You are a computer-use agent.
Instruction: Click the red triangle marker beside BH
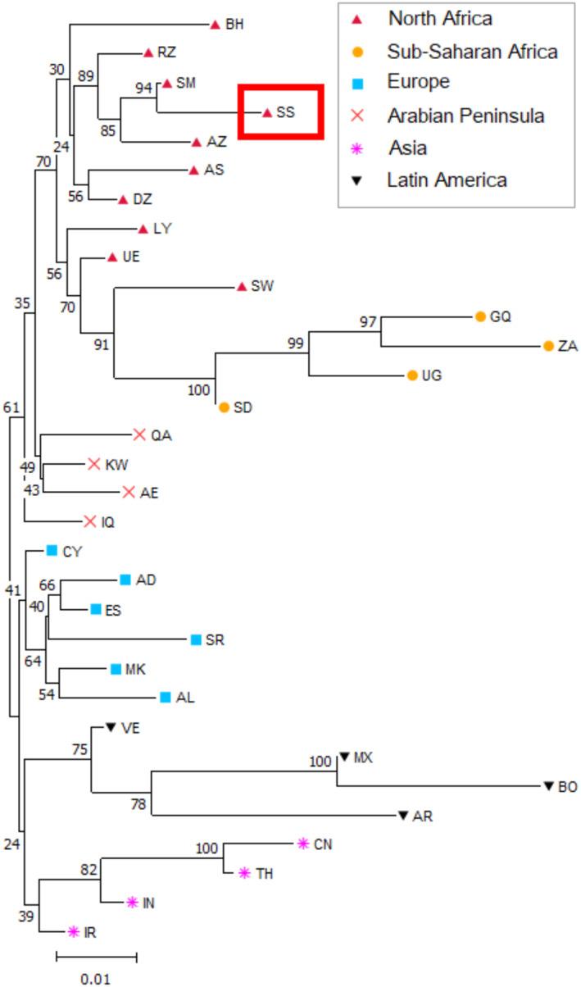pos(215,25)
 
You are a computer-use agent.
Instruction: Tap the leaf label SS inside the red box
pos(285,113)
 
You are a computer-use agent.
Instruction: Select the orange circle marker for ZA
pos(548,346)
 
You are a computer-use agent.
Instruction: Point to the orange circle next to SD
pos(224,407)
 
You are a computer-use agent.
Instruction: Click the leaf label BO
pos(568,787)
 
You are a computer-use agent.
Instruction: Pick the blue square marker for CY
pos(52,551)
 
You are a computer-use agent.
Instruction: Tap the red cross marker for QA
pos(138,434)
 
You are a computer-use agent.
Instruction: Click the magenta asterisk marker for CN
pos(302,843)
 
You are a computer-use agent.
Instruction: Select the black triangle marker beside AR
pos(402,816)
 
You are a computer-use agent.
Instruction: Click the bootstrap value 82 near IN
pos(89,870)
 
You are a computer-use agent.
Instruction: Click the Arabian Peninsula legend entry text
pos(466,116)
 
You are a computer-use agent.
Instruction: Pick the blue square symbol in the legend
pos(359,83)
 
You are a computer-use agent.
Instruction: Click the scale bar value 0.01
pos(96,978)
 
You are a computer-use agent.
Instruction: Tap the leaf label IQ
pos(108,521)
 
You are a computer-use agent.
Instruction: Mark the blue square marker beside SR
pos(195,639)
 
